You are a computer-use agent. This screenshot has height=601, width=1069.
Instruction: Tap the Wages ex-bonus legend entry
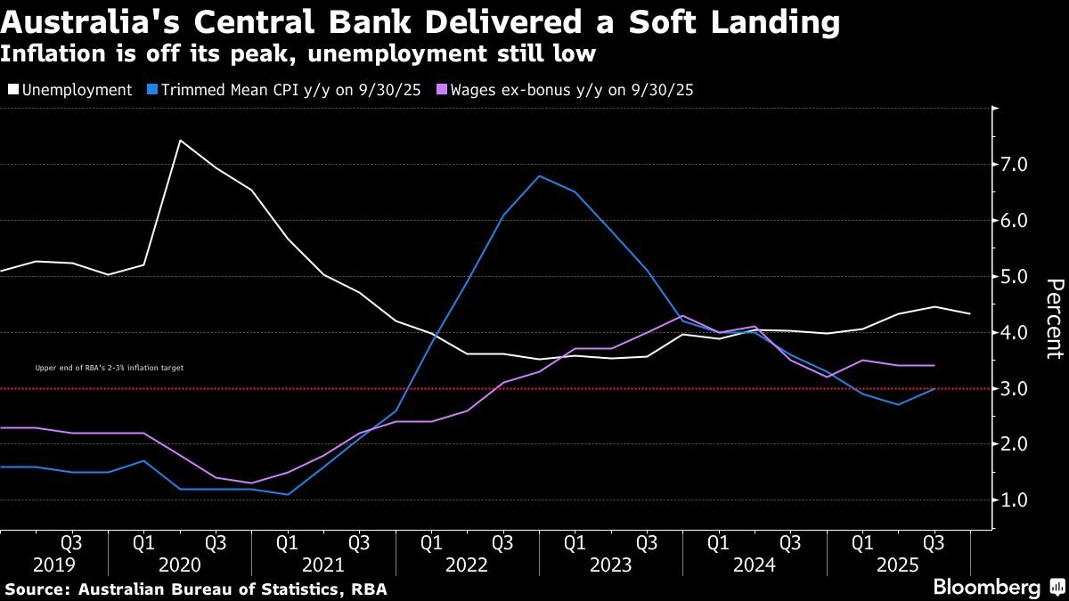point(571,90)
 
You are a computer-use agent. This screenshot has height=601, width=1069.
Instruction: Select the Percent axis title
point(1054,318)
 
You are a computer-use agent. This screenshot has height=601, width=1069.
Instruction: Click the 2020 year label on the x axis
point(179,565)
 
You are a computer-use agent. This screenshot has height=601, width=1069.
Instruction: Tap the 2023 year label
point(610,565)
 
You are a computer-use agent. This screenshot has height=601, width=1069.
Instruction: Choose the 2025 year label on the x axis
point(897,565)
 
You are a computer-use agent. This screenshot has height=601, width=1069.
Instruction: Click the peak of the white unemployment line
point(180,140)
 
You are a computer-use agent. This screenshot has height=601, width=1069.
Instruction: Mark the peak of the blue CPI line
point(539,175)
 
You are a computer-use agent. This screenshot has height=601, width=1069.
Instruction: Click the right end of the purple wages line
point(934,365)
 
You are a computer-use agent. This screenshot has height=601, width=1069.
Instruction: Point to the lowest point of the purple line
point(252,483)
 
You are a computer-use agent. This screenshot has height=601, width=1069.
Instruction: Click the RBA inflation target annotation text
point(109,367)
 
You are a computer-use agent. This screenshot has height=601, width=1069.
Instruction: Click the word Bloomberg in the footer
point(986,588)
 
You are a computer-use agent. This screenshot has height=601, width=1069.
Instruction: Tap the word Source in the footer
point(37,589)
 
